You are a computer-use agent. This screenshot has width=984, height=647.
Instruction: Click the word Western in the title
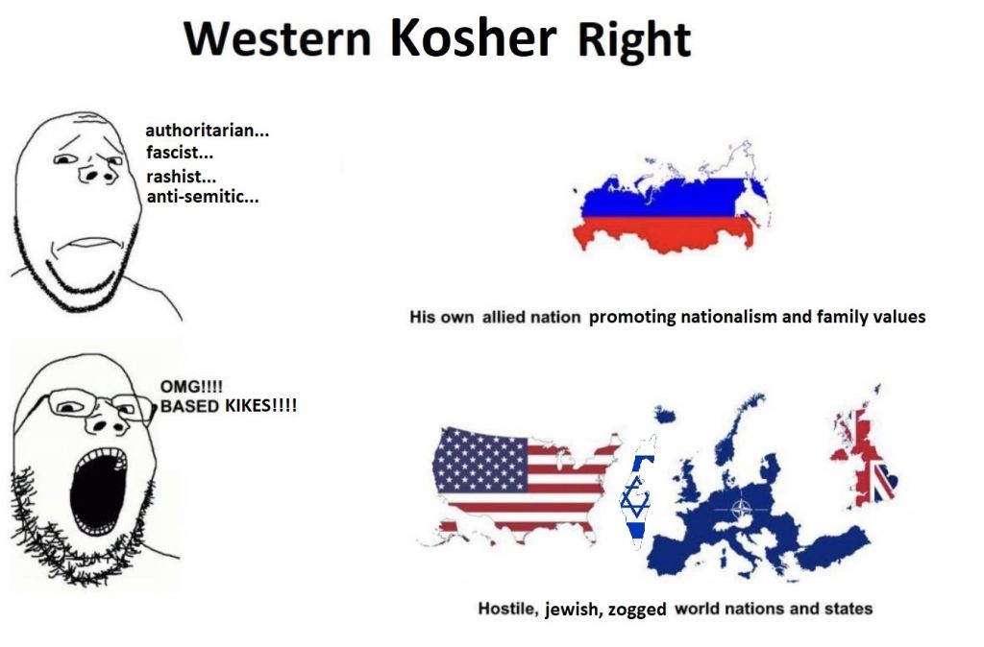[x=278, y=38]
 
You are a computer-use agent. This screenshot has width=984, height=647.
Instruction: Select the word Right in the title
[x=634, y=41]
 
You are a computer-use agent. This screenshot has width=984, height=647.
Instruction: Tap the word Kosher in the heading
[x=473, y=37]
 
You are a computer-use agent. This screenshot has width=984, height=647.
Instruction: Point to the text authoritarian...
[x=208, y=131]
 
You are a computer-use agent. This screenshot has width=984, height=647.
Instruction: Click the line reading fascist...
[x=180, y=153]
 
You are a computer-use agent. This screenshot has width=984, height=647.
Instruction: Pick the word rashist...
[x=182, y=177]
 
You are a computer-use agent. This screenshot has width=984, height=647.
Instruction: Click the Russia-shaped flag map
[x=672, y=198]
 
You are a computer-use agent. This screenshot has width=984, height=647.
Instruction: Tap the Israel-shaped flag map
[x=639, y=492]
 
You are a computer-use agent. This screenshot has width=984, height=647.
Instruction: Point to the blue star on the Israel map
[x=636, y=494]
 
